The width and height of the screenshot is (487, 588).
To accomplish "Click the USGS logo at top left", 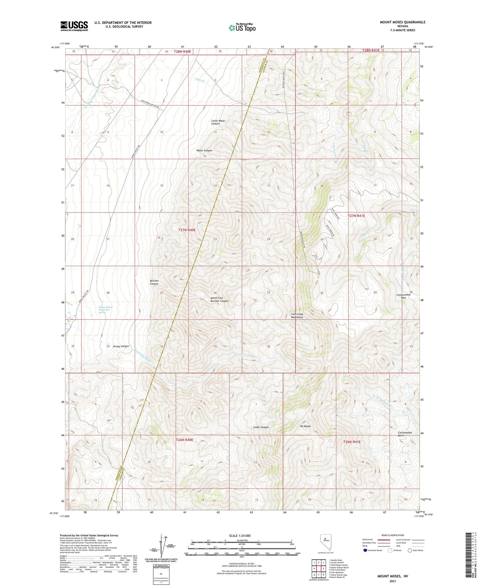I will [74, 26].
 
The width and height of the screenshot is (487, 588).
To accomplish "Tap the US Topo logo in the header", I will [242, 28].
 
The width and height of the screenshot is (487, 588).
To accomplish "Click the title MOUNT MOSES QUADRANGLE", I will [402, 22].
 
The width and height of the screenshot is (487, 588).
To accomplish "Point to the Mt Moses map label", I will [305, 426].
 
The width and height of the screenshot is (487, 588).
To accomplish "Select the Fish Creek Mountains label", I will [297, 316].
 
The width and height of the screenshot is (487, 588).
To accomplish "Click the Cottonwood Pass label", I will [403, 296].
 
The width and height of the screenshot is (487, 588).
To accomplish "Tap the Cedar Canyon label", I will [261, 427].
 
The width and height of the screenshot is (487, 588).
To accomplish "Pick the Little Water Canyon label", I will [218, 122].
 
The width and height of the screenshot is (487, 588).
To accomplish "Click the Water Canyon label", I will [204, 151].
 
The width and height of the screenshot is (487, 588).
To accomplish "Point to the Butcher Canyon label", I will [154, 282].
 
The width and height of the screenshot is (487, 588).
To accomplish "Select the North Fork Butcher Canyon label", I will [219, 299].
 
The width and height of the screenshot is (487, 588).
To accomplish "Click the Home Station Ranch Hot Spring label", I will [105, 310].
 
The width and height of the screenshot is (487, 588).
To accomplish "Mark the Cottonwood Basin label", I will [404, 434].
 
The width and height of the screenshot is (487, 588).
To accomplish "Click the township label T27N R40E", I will [187, 230].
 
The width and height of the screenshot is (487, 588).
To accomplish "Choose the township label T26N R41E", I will [352, 442].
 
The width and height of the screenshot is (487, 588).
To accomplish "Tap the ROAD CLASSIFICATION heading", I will [393, 535].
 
